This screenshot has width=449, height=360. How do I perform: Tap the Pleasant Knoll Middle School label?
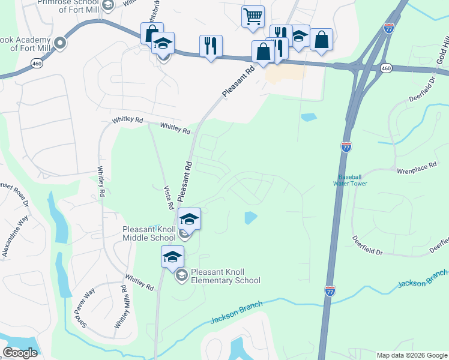(150, 233)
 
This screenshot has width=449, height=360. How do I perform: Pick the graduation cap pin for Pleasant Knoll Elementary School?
(172, 257)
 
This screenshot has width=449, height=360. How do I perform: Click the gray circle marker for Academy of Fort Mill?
(60, 43)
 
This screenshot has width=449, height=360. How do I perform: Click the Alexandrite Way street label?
(16, 236)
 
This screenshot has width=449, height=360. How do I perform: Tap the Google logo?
(20, 353)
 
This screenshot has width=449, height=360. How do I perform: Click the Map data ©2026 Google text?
(412, 355)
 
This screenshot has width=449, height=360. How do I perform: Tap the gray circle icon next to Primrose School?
(107, 5)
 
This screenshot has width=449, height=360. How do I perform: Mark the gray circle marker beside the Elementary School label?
(181, 275)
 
